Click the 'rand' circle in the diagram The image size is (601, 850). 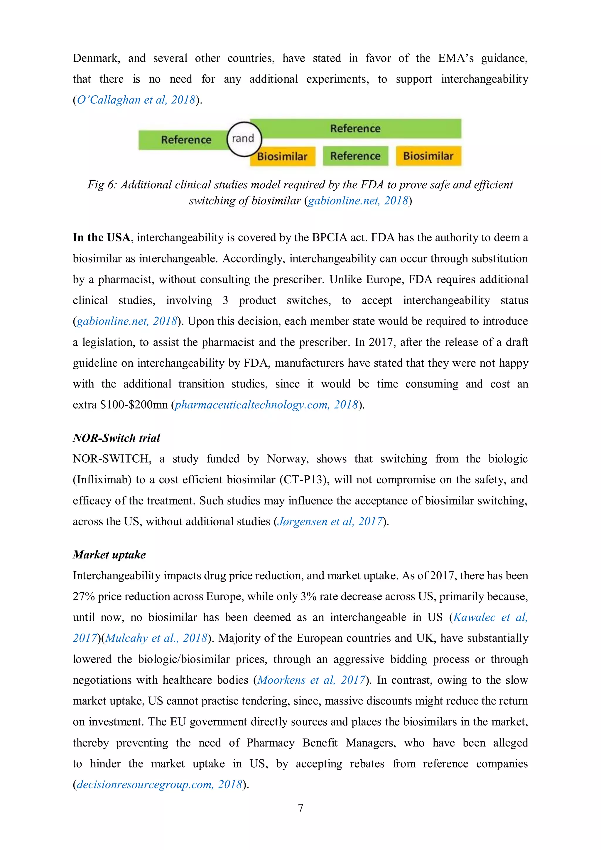point(244,139)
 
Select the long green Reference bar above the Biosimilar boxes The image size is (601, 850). point(355,128)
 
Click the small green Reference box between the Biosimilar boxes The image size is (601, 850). point(355,156)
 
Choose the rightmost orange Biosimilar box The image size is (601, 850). point(428,156)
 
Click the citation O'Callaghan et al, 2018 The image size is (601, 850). point(136,100)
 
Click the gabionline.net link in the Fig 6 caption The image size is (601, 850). point(358,201)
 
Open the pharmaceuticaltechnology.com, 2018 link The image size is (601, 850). point(266,405)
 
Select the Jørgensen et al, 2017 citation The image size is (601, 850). point(330,521)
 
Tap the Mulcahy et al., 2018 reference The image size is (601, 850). point(156,638)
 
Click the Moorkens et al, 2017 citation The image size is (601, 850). point(311,680)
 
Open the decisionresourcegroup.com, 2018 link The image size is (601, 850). point(159,785)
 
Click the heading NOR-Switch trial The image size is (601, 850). point(116,438)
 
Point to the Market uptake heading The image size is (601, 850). point(109,555)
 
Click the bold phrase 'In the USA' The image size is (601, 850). point(102,237)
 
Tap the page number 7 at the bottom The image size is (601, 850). point(300,808)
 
